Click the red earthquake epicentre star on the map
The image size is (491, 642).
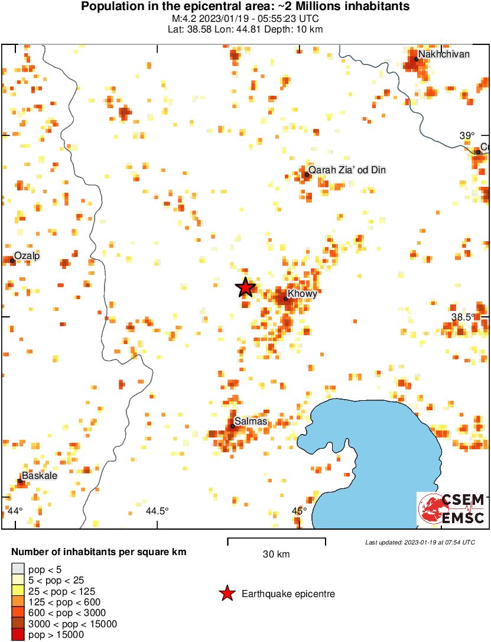tap(245, 287)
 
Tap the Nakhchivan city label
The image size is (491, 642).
tap(444, 54)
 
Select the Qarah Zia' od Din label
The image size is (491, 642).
tap(347, 170)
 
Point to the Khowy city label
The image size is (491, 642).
tap(302, 294)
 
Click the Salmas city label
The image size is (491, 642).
tap(251, 421)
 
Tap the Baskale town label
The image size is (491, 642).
tap(40, 475)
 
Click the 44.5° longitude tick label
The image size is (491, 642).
tap(157, 511)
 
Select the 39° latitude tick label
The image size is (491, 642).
tap(467, 135)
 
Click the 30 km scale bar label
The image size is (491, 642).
tap(276, 554)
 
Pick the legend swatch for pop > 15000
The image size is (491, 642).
tap(18, 634)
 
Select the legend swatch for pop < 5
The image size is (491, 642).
tap(18, 569)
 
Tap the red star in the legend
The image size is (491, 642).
tap(227, 594)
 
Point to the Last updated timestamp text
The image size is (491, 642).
tap(420, 542)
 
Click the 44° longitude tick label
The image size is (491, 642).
tap(16, 511)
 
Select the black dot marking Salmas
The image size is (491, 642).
tap(233, 426)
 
